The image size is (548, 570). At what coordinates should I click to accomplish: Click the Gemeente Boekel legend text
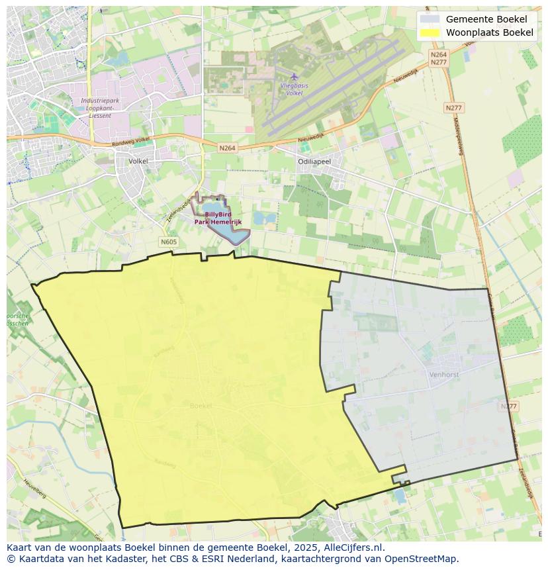pos(486,19)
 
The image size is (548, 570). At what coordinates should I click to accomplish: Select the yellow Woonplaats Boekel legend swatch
pos(430,32)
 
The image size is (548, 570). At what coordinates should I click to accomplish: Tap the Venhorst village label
pos(443,374)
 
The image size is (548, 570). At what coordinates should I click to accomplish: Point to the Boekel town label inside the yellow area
pos(201,405)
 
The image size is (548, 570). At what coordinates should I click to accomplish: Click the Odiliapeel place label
pos(314,161)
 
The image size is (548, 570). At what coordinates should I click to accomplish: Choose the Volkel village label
pos(138,161)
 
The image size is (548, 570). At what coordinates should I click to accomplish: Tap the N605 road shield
pos(169,242)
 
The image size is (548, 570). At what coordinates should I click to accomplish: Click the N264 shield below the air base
pos(227,148)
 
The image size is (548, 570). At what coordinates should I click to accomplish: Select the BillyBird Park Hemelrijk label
pos(217,218)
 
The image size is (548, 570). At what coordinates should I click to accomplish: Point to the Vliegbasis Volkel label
pos(295,89)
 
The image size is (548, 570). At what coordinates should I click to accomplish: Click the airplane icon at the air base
pos(295,76)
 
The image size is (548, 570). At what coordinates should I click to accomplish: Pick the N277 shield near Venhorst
pos(508,406)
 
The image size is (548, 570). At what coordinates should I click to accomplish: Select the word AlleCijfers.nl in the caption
pos(353,547)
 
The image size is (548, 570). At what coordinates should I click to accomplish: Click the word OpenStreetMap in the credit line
pos(421,558)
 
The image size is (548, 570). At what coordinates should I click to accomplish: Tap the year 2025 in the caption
pos(304,547)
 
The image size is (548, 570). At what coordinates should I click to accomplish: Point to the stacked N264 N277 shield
pos(438,58)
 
